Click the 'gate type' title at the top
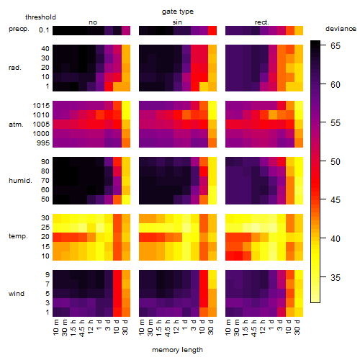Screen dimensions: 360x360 (x=178, y=12)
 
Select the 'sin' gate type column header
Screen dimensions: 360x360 (x=177, y=22)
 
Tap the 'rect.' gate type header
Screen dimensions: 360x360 (x=262, y=22)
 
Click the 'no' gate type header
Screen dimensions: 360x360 (x=93, y=22)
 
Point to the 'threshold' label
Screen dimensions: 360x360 (x=40, y=17)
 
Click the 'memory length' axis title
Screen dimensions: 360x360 (x=177, y=350)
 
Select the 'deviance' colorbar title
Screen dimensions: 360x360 (x=341, y=29)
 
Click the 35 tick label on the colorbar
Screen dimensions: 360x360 (x=336, y=278)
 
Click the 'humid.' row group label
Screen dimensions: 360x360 (x=20, y=181)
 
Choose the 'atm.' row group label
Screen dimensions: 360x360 (x=16, y=125)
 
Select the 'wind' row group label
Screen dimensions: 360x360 (x=17, y=294)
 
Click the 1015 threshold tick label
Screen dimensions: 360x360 (x=41, y=106)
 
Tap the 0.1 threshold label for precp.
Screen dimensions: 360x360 (x=44, y=30)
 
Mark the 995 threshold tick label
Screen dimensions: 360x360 (x=43, y=143)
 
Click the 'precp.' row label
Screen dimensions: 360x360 (x=19, y=29)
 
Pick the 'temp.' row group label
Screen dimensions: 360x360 (x=18, y=236)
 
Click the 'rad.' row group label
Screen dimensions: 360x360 (x=15, y=68)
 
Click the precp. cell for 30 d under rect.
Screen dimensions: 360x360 (x=299, y=30)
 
